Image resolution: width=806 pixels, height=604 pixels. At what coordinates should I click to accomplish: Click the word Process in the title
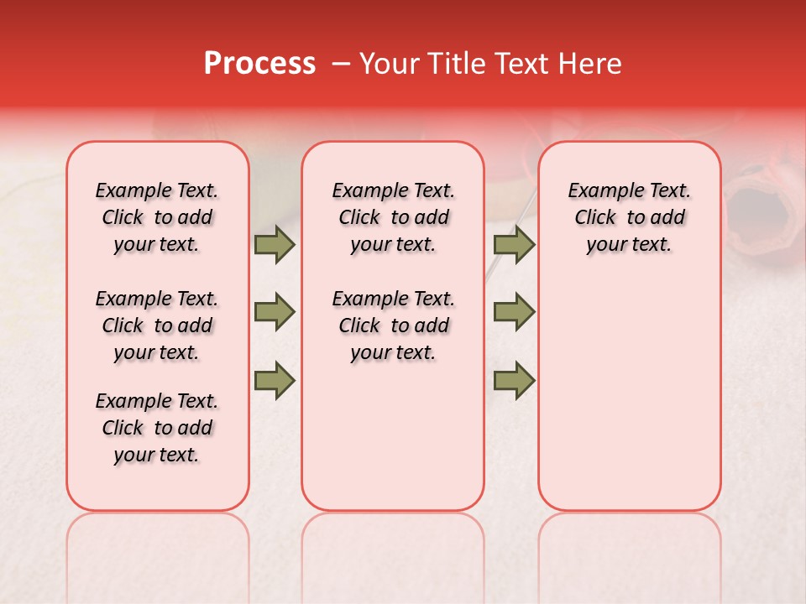coord(259,64)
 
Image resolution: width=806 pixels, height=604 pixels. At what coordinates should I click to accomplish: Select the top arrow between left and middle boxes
coord(274,244)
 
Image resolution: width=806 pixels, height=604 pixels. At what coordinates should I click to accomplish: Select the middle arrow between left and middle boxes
coord(274,312)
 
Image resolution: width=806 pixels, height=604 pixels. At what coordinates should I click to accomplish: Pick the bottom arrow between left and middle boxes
coord(274,380)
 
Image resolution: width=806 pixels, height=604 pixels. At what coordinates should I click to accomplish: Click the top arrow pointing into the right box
coord(514,244)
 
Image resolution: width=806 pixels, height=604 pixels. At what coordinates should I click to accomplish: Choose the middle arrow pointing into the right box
coord(514,312)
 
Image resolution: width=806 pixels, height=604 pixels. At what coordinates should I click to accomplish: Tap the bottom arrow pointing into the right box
coord(514,380)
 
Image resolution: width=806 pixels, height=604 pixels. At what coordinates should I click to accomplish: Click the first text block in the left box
coord(157,217)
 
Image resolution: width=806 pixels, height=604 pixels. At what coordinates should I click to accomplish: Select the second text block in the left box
coord(157,325)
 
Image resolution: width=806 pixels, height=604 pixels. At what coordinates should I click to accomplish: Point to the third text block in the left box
coord(157,428)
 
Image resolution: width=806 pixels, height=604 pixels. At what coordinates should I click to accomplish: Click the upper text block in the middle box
coord(393,217)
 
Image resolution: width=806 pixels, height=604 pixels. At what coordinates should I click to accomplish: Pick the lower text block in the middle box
coord(393,325)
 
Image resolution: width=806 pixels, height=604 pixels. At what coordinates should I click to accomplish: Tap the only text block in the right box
coord(630,217)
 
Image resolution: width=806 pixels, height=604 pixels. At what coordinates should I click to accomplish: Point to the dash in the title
coord(341,64)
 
